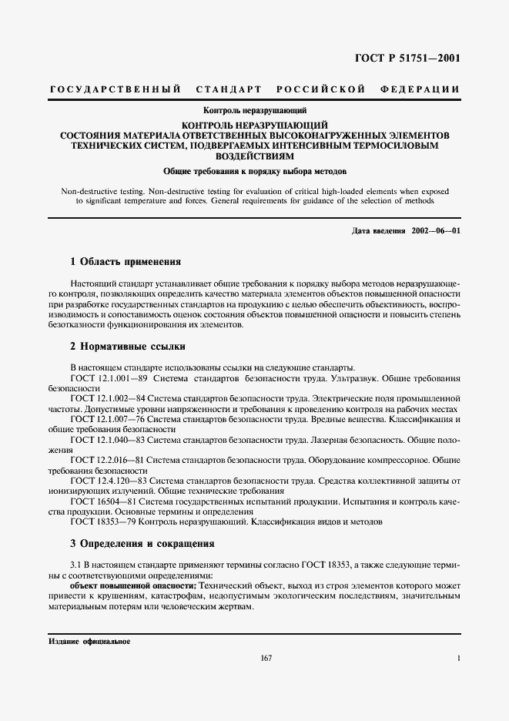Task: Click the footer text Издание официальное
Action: coord(89,641)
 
